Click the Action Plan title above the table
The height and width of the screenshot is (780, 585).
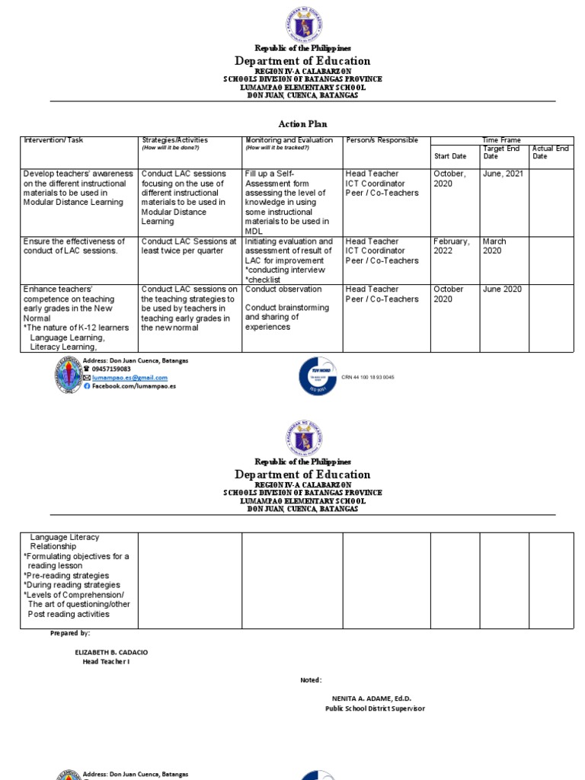click(302, 124)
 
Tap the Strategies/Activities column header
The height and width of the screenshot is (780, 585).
click(174, 140)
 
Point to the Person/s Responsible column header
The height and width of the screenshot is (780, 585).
click(382, 140)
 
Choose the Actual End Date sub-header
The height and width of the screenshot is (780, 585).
click(550, 152)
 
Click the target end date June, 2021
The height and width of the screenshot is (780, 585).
click(503, 174)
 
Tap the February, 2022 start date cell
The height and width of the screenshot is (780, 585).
click(452, 246)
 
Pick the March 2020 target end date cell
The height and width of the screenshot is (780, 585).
click(494, 246)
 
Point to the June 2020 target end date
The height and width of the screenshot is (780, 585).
click(502, 289)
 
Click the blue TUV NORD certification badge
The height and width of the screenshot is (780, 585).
click(316, 376)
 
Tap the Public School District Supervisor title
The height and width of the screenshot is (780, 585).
click(375, 708)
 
